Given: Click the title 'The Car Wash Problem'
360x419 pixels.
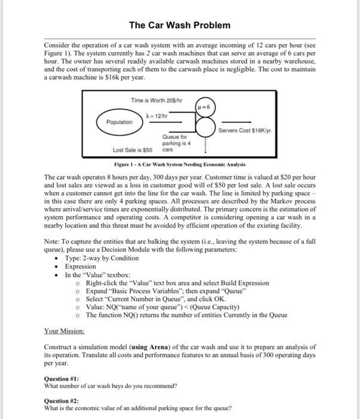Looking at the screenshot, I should (179, 26).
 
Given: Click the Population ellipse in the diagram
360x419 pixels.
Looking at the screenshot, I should (120, 122).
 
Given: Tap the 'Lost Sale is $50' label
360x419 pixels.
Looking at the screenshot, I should (132, 150).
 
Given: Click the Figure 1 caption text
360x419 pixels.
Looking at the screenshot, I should (179, 164).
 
